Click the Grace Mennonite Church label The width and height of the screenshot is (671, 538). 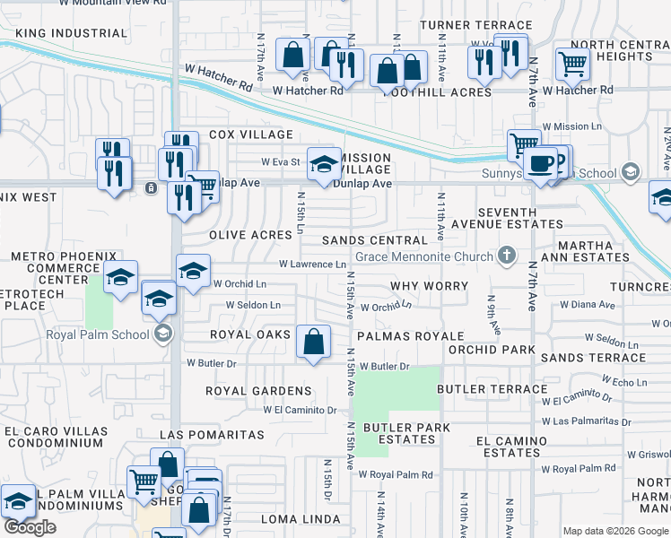tap(425, 257)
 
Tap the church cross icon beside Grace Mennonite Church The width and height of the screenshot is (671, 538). tap(506, 256)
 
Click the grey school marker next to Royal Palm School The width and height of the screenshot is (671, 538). tap(162, 335)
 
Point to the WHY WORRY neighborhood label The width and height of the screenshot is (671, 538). tap(429, 286)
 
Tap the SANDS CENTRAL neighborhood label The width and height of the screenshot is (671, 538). tap(374, 240)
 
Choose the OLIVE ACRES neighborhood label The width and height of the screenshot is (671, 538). tap(250, 235)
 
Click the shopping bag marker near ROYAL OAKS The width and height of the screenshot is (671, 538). tap(313, 342)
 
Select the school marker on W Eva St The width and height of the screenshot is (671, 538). tap(324, 165)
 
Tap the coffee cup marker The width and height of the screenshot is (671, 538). tap(541, 164)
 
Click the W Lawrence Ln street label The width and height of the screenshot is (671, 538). tap(312, 265)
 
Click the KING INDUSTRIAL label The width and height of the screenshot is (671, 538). tap(72, 33)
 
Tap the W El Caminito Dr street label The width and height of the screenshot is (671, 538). tap(300, 410)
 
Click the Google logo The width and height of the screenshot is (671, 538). tap(30, 527)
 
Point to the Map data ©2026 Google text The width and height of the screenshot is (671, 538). tap(614, 530)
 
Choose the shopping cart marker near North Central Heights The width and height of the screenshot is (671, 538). tap(571, 63)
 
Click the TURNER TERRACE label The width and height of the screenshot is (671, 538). tap(475, 24)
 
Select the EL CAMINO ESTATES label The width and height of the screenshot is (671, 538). tap(511, 447)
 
